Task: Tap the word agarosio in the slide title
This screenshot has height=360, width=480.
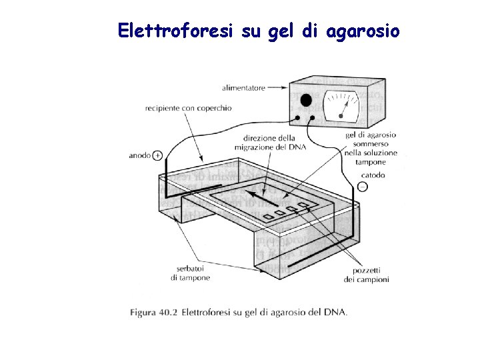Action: (x=363, y=31)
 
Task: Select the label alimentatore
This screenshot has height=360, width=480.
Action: (x=243, y=87)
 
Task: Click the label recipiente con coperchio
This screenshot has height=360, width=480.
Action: (x=189, y=107)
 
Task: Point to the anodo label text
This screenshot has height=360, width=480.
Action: (x=139, y=155)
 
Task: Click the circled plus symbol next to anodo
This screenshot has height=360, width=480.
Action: (x=157, y=155)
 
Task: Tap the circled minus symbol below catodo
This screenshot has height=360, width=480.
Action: (x=362, y=187)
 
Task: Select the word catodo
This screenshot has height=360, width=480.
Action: (x=373, y=175)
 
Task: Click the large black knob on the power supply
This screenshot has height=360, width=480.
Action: (x=306, y=101)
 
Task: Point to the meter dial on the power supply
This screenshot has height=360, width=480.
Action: (x=341, y=106)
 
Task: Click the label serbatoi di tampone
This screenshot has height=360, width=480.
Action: (x=190, y=273)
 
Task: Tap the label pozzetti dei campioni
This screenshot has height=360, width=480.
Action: (x=366, y=275)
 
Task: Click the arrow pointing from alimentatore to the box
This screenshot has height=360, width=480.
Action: (x=278, y=87)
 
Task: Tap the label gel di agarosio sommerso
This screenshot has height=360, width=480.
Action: (x=371, y=139)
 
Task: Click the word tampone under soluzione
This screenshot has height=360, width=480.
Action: (x=371, y=161)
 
